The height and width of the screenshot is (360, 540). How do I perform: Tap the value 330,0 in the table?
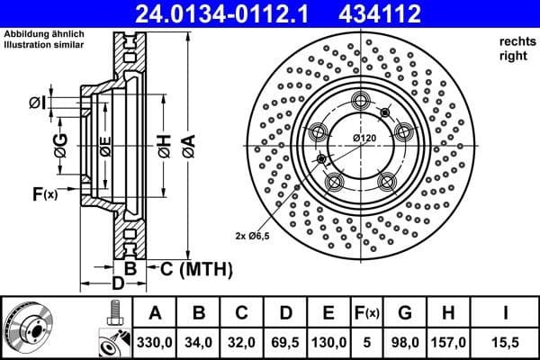(x=155, y=342)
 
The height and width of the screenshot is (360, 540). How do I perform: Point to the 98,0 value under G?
(x=405, y=342)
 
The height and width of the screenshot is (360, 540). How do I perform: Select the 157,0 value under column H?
(x=450, y=342)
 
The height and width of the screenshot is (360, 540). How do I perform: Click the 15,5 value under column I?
(x=505, y=342)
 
